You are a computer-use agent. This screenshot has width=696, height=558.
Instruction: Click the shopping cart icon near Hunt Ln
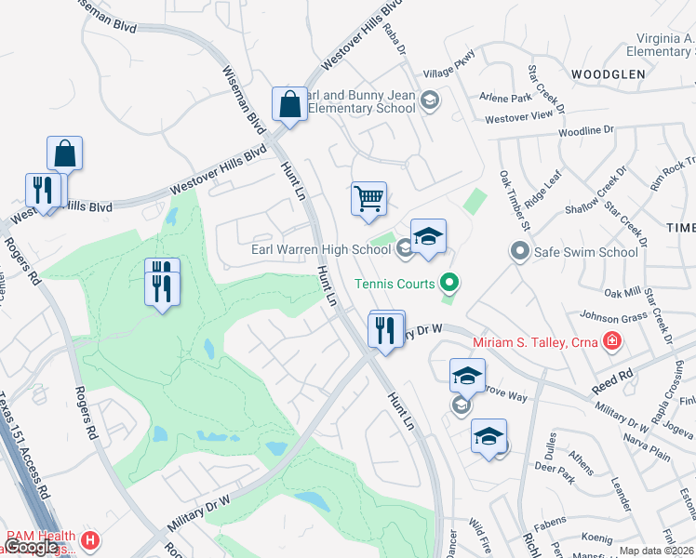pos(368,198)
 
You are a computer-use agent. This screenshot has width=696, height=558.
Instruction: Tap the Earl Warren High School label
pos(321,249)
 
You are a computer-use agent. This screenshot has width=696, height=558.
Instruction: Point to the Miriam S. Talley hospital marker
pos(610,342)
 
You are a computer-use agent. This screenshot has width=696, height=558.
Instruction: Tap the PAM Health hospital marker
pos(90,540)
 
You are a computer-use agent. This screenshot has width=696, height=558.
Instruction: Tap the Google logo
pos(31,548)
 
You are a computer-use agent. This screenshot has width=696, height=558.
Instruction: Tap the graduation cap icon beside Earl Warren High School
pos(428,237)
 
